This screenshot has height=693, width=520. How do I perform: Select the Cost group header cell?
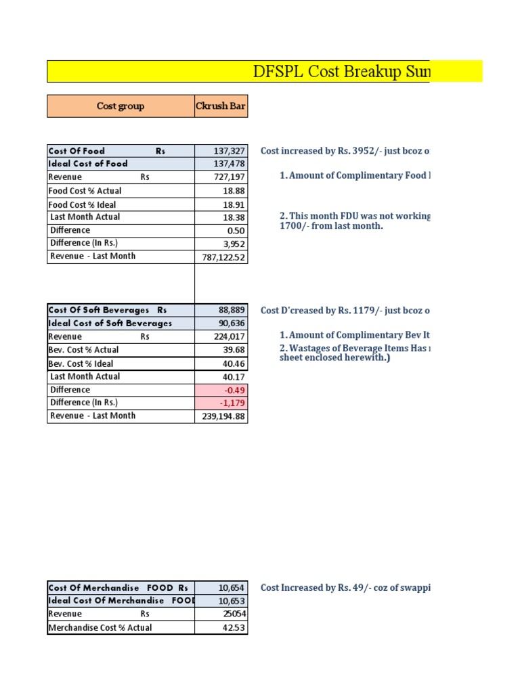pos(121,106)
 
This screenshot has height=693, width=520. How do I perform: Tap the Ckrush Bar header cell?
pos(221,106)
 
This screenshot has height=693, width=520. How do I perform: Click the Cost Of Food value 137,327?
pos(231,152)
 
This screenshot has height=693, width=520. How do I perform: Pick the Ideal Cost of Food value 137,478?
pos(231,164)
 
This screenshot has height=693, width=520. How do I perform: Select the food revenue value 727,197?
pos(231,177)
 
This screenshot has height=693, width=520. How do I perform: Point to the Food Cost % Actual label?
pos(85,191)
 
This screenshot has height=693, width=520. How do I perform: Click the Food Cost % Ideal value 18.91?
pos(234,204)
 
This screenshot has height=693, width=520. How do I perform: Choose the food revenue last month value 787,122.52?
pos(224,257)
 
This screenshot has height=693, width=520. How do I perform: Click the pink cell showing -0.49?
pos(234,390)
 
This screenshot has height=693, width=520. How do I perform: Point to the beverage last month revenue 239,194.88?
pos(224,416)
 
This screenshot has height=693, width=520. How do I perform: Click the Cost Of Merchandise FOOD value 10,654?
pos(232,587)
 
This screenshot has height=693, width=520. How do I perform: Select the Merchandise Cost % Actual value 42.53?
pos(234,627)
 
